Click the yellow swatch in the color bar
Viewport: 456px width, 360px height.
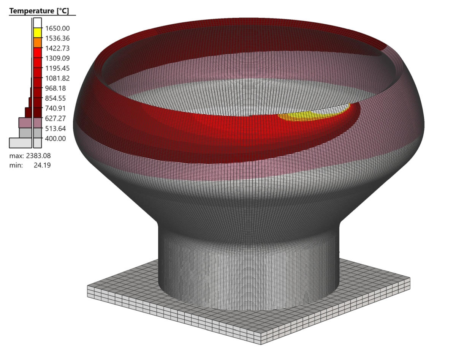pyautogui.click(x=37, y=33)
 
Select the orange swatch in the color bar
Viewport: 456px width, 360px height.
pyautogui.click(x=37, y=43)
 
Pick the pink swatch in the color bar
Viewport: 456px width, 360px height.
pyautogui.click(x=37, y=122)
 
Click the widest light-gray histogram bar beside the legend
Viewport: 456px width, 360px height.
pyautogui.click(x=20, y=142)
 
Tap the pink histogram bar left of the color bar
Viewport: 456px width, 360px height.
pyautogui.click(x=25, y=122)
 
